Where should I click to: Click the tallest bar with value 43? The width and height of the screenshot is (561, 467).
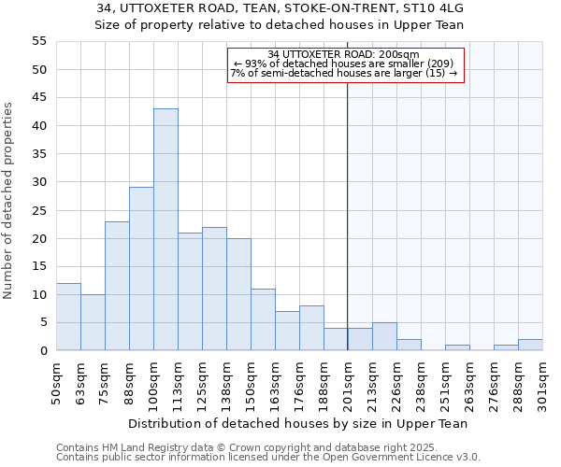[165, 230]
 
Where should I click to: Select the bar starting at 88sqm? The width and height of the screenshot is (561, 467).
[141, 269]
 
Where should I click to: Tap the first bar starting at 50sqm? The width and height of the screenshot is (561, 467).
[68, 317]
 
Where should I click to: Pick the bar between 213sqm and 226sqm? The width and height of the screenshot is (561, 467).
[384, 337]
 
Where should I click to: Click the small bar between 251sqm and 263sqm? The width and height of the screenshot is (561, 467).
[457, 347]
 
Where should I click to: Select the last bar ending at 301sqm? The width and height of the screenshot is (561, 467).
[530, 345]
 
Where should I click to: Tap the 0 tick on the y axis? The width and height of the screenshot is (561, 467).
[43, 351]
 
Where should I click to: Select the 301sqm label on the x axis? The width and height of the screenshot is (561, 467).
[542, 383]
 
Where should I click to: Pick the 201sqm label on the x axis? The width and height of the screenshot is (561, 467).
[348, 383]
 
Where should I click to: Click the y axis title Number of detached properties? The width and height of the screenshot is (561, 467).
[9, 201]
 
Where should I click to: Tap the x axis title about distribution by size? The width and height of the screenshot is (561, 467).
[297, 423]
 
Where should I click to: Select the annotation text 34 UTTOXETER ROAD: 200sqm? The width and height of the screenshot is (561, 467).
[343, 55]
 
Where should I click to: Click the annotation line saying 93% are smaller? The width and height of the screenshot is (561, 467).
[343, 64]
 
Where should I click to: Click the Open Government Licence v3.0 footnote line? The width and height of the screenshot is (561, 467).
[268, 458]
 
